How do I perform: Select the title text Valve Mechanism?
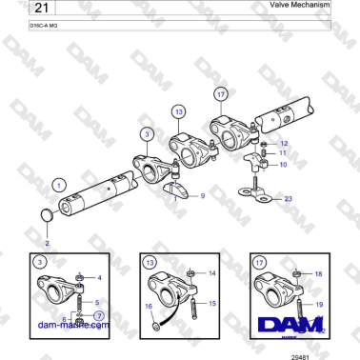coord(299,6)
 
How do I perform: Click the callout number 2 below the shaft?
coord(48,243)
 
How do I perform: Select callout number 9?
coord(202,195)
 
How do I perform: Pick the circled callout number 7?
coord(99,314)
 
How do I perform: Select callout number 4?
coord(100,278)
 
